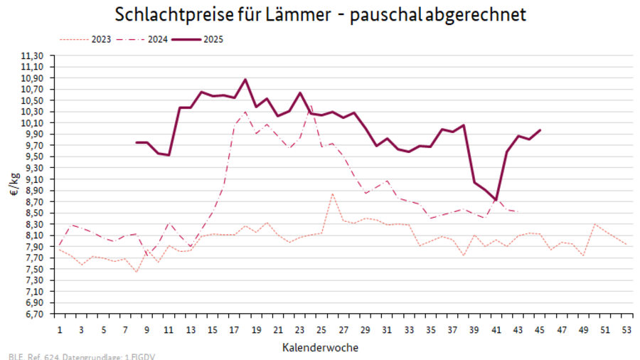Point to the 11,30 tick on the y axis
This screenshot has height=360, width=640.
(x=33, y=55)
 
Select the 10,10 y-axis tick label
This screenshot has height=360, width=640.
(x=33, y=123)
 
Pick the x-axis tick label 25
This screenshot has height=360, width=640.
(x=321, y=331)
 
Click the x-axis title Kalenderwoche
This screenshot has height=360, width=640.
(x=320, y=347)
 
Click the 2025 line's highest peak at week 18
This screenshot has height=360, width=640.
(x=245, y=79)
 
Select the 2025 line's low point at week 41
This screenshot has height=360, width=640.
(x=496, y=201)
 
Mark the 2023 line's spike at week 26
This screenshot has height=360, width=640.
(x=332, y=194)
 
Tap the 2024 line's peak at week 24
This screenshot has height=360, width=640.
(x=311, y=107)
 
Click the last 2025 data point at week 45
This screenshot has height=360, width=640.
(x=540, y=130)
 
